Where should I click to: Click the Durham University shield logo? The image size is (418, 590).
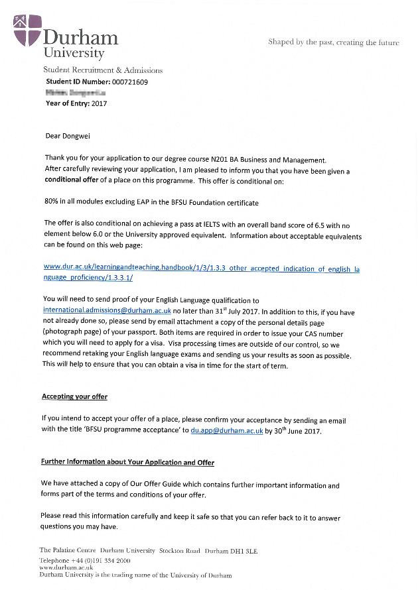[x=27, y=30]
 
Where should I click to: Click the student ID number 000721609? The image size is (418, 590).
[x=125, y=82]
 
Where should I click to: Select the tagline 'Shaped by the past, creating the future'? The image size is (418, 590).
[x=333, y=42]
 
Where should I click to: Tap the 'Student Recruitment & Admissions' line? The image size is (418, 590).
[x=102, y=70]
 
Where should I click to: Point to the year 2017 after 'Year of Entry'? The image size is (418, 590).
[x=99, y=103]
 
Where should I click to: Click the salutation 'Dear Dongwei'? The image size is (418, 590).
[x=67, y=136]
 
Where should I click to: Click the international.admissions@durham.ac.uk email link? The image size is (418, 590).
[x=107, y=310]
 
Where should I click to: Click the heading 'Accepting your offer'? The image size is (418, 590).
[x=74, y=396]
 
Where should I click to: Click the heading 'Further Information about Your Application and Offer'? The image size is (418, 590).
[x=127, y=462]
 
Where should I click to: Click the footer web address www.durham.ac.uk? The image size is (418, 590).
[x=66, y=568]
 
